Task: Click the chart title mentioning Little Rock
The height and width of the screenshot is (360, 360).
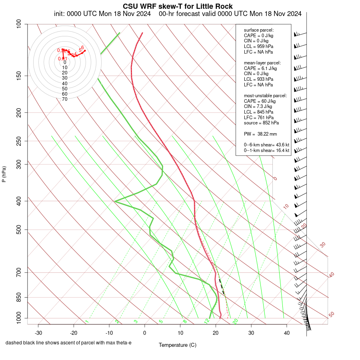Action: [178, 6]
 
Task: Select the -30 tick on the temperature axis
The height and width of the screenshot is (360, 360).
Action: [38, 333]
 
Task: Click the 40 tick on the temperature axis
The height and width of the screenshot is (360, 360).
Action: [286, 333]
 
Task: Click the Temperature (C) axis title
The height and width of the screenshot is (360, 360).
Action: [178, 345]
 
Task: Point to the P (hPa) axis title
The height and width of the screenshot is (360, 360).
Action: [4, 174]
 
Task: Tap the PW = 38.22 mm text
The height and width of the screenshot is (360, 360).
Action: [260, 134]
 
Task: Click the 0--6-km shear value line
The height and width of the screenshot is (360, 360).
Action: [266, 145]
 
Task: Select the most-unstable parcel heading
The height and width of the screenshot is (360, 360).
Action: [265, 96]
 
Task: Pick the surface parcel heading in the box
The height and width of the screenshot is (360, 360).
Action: [259, 30]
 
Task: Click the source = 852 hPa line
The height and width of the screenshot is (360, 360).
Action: [262, 123]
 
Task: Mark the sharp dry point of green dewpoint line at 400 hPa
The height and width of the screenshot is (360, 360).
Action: [115, 201]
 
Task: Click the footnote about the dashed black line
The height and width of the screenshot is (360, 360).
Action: [68, 343]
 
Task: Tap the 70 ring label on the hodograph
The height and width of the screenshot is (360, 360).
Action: [64, 99]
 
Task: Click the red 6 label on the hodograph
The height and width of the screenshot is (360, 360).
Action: [82, 48]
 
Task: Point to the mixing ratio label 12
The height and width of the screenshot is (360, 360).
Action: [207, 321]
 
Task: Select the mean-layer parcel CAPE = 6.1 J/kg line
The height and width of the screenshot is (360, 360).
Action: [260, 68]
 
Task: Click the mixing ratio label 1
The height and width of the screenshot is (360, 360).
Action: [87, 321]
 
